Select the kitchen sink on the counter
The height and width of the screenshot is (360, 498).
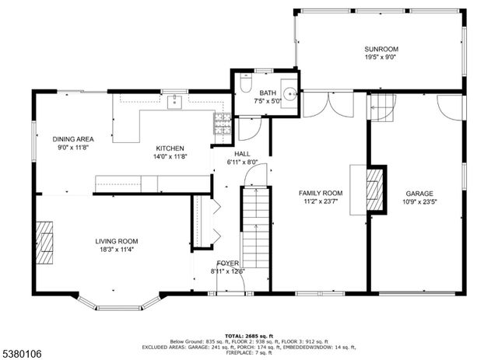coord(176,100)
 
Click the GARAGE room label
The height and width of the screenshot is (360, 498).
coord(419,194)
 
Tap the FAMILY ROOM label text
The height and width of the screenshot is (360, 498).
coord(321,194)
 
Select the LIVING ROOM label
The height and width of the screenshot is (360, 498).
coord(117,241)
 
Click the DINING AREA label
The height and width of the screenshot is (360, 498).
coord(73,139)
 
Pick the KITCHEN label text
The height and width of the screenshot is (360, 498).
coord(170,148)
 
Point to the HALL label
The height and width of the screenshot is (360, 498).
coord(242,154)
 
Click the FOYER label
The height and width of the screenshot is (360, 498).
coord(227,264)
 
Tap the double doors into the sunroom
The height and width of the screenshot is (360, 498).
coord(328,103)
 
